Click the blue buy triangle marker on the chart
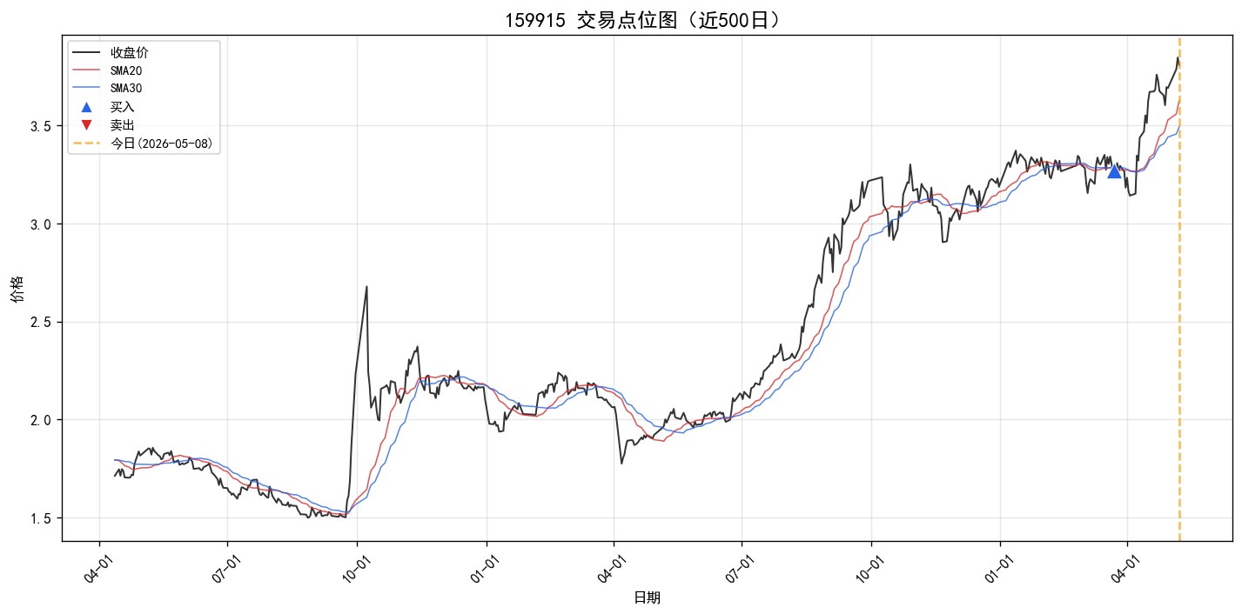[1114, 172]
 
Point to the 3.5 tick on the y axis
[41, 126]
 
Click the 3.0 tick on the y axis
[41, 224]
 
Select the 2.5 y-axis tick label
[41, 323]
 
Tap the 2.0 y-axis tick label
[41, 420]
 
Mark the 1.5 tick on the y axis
[41, 518]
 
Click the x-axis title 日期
[647, 597]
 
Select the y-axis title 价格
[17, 289]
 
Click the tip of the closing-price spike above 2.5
[366, 286]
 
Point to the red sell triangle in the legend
[86, 125]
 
